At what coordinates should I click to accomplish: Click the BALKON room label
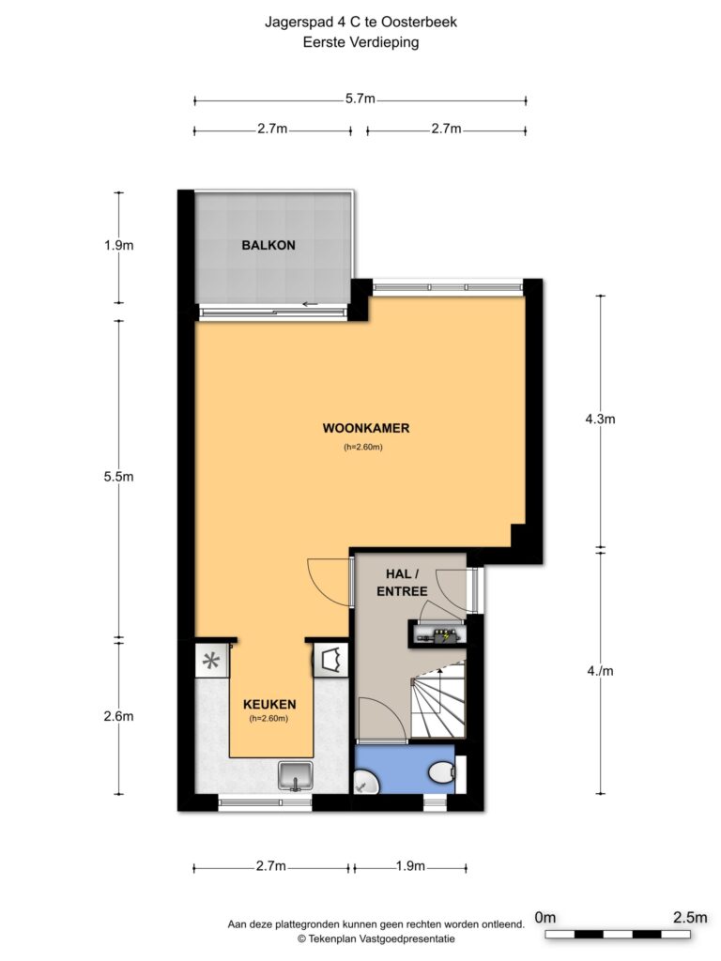click(x=268, y=245)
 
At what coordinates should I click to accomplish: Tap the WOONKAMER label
click(x=366, y=428)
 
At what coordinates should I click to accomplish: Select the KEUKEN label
click(x=269, y=704)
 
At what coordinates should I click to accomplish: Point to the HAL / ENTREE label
click(x=402, y=582)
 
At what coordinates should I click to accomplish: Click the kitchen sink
click(x=296, y=776)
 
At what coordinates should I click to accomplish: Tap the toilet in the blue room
click(x=442, y=772)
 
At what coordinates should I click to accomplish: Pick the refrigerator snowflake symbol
click(x=211, y=661)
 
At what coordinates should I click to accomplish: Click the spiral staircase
click(x=437, y=699)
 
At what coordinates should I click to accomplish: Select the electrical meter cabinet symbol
click(x=437, y=634)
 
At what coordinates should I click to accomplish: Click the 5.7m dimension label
click(x=360, y=99)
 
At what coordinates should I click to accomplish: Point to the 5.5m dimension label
click(x=118, y=476)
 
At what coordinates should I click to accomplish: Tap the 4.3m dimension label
click(x=600, y=419)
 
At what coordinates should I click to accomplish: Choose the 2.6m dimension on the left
click(x=118, y=716)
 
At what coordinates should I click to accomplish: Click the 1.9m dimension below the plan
click(x=410, y=866)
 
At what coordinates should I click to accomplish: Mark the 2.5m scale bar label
click(x=690, y=918)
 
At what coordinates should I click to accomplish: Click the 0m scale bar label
click(x=545, y=918)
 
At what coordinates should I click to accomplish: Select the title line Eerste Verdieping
click(x=360, y=42)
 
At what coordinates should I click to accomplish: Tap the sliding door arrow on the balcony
click(x=310, y=304)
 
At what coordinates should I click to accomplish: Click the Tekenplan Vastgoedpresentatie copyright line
click(x=376, y=938)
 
